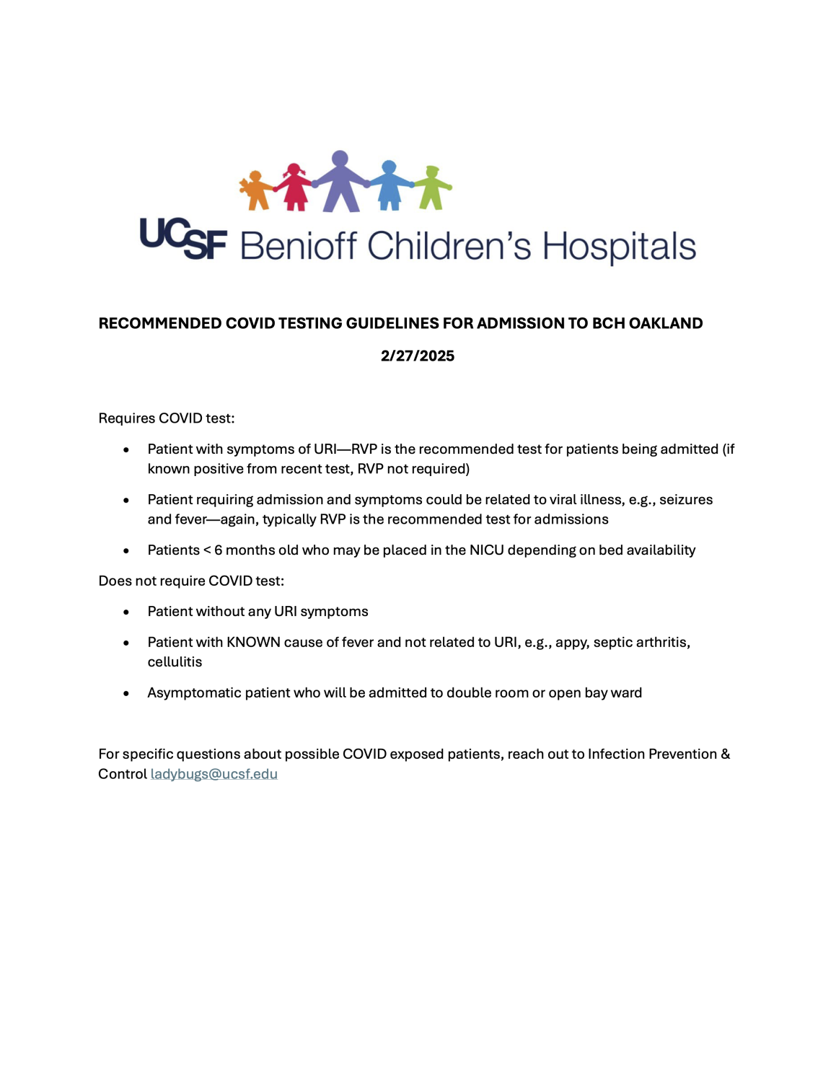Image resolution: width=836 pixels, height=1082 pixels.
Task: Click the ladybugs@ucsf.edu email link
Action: point(214,774)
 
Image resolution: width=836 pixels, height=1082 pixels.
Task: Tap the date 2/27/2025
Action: point(418,356)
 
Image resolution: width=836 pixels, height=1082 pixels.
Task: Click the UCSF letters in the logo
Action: point(183,239)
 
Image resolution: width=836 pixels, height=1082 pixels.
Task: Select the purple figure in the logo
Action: point(340,182)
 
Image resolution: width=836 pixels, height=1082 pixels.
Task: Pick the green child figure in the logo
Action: point(433,188)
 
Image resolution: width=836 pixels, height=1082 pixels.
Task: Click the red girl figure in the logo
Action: point(294,188)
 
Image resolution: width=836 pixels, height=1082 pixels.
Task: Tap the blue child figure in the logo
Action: point(390,186)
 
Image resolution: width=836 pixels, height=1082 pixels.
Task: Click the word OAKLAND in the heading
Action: point(665,323)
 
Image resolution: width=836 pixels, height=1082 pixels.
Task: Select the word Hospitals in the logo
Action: point(619,247)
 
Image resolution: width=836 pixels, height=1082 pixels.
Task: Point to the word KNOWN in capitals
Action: point(253,642)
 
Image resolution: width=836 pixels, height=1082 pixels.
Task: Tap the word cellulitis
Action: point(175,662)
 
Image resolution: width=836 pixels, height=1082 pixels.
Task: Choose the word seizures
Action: point(685,500)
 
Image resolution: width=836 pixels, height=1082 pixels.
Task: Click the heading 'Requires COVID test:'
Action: point(167,418)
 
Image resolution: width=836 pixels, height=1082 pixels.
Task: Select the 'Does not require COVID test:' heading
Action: point(191,581)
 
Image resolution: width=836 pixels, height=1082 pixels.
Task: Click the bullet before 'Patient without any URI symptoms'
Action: point(126,612)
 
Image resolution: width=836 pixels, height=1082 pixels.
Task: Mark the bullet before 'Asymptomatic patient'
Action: point(126,693)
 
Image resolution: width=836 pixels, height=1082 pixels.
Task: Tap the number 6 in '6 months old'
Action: point(218,550)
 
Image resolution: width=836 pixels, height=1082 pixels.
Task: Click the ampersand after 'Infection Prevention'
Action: point(725,754)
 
